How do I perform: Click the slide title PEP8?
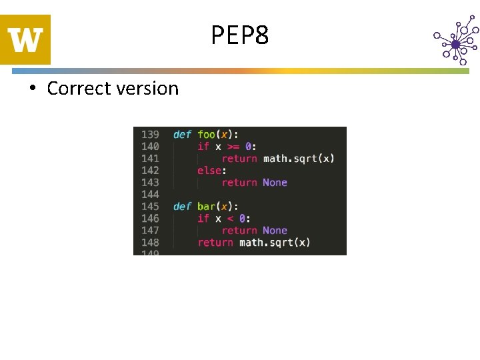coord(240,35)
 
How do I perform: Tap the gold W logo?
coord(25,40)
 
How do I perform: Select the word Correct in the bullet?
coord(75,89)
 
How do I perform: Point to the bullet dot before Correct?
coord(32,89)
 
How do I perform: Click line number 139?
coord(150,134)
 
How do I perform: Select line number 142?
coord(150,170)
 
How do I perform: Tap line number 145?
coord(150,206)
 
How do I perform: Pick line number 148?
coord(150,242)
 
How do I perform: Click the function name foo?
coord(207,134)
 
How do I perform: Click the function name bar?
coord(207,206)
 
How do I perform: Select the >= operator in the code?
coord(234,146)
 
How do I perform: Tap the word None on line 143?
coord(275,182)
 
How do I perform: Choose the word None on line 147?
coord(275,230)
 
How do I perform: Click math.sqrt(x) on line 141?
coord(299,158)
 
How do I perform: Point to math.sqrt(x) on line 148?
coord(275,242)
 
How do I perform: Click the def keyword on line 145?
coord(182,206)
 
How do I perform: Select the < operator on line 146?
coord(231,218)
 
